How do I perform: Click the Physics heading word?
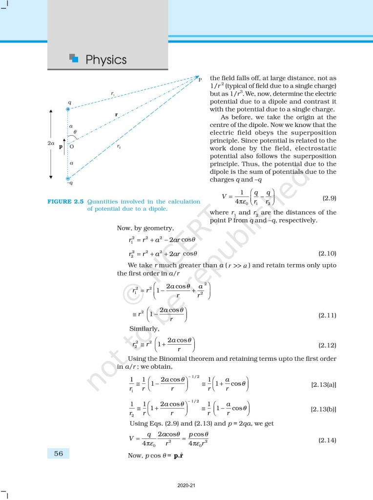pyautogui.click(x=106, y=60)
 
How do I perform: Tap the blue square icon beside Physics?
pyautogui.click(x=74, y=58)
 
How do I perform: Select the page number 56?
pyautogui.click(x=59, y=454)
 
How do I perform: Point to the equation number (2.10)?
pyautogui.click(x=327, y=253)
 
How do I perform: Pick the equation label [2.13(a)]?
pyautogui.click(x=324, y=385)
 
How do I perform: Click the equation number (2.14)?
pyautogui.click(x=327, y=440)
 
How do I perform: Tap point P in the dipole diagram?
pyautogui.click(x=199, y=79)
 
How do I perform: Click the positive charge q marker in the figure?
pyautogui.click(x=68, y=109)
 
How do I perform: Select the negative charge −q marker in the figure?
pyautogui.click(x=68, y=179)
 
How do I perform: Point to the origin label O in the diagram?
pyautogui.click(x=72, y=146)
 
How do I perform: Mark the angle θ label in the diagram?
pyautogui.click(x=74, y=132)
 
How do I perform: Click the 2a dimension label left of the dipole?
pyautogui.click(x=50, y=144)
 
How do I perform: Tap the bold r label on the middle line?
pyautogui.click(x=116, y=115)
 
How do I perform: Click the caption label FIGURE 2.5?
pyautogui.click(x=66, y=201)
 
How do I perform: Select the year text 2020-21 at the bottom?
pyautogui.click(x=186, y=485)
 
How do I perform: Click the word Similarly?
pyautogui.click(x=144, y=328)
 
